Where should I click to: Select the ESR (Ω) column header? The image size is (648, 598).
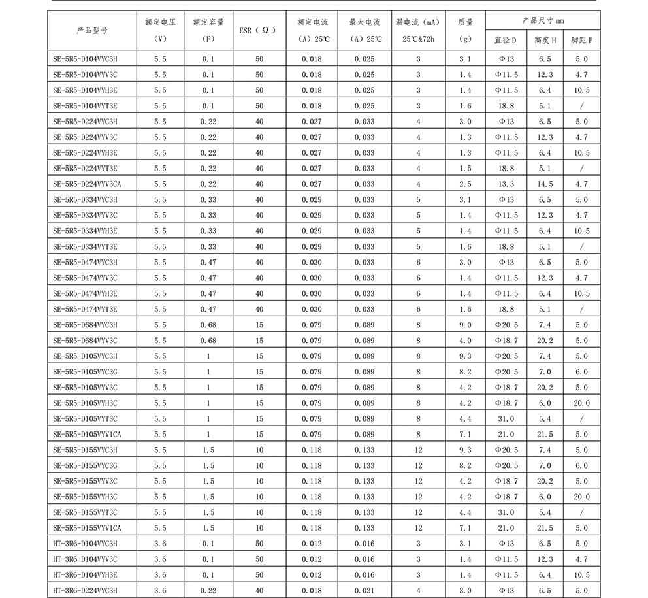(x=259, y=30)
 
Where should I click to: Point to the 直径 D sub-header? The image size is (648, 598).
(x=506, y=40)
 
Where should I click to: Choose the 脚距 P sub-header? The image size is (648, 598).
(x=581, y=40)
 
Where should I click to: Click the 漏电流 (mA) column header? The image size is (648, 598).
(x=418, y=30)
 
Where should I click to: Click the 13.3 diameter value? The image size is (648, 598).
(x=506, y=184)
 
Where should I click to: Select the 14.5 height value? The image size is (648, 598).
(x=544, y=184)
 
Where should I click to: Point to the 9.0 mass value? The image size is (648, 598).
(x=464, y=325)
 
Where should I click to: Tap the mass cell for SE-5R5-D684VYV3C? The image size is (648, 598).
(x=464, y=341)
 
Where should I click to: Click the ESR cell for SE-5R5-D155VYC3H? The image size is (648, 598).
(x=259, y=450)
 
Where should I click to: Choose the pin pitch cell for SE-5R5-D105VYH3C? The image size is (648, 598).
(x=581, y=403)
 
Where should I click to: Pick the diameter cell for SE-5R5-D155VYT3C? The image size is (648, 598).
(x=506, y=512)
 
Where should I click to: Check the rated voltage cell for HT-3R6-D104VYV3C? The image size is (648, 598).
(x=160, y=559)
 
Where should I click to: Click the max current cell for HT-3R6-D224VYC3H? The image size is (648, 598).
(x=364, y=591)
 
